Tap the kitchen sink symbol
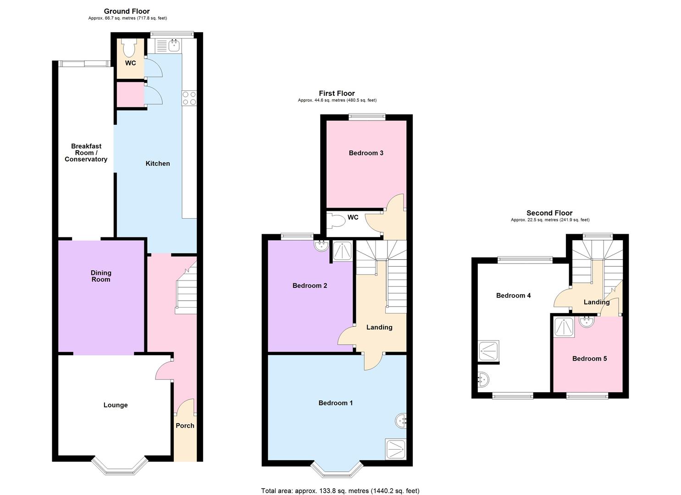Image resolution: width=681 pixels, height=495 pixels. [174, 45]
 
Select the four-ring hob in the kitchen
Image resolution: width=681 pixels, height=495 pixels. [189, 98]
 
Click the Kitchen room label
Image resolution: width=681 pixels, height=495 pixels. [158, 164]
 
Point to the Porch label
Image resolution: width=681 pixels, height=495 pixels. [185, 426]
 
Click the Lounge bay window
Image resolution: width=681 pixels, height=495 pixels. [120, 467]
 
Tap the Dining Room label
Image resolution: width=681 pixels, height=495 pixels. [101, 276]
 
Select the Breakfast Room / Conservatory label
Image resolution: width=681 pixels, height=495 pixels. [86, 153]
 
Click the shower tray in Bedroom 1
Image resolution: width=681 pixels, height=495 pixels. [396, 449]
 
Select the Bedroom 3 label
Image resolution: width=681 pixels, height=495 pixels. [366, 153]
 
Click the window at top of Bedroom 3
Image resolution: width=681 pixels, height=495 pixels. [366, 117]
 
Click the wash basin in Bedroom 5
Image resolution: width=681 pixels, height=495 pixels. [586, 321]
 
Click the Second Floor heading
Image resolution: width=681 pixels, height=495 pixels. [549, 213]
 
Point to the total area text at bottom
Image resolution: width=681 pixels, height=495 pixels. [340, 491]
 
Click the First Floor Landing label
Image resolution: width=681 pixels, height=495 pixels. [379, 327]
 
